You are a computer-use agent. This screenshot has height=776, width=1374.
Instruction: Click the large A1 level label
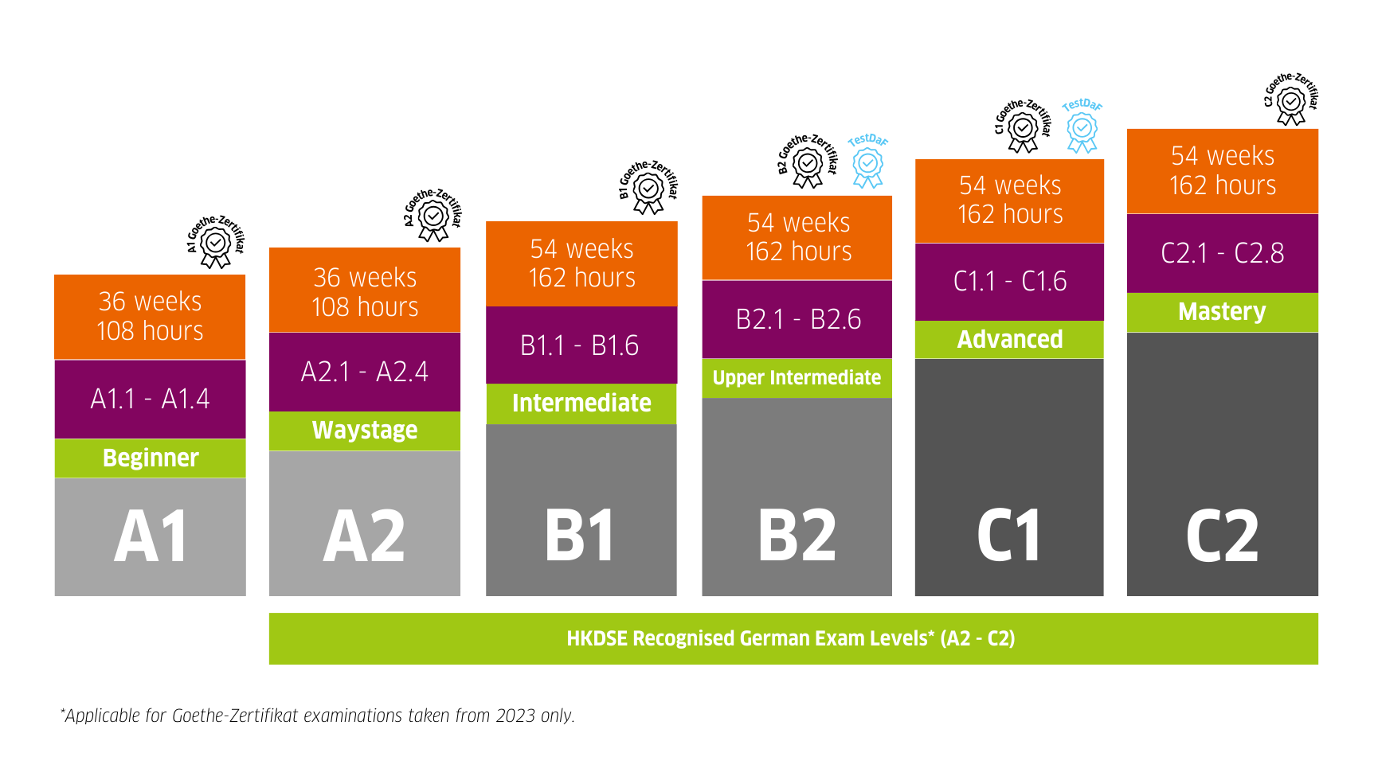[151, 536]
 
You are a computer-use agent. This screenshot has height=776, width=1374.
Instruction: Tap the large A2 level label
[364, 536]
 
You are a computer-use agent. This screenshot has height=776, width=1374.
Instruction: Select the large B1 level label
[581, 536]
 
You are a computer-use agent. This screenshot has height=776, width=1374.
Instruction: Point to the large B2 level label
[797, 536]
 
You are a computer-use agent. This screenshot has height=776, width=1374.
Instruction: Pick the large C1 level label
[1009, 536]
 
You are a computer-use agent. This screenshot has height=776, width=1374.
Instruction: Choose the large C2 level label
[1223, 536]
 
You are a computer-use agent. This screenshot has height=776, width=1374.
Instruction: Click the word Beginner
[151, 458]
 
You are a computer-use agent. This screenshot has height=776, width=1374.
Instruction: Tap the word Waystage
[365, 431]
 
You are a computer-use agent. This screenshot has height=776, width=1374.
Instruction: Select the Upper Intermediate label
[797, 377]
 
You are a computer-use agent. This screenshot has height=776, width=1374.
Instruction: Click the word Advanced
[1010, 340]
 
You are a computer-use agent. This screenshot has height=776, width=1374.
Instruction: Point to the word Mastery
[1222, 311]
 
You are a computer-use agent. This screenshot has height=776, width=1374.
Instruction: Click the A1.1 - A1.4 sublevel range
[151, 399]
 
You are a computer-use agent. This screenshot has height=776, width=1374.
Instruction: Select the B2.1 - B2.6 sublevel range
[798, 319]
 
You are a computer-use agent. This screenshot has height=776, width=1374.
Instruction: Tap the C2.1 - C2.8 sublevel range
[1223, 253]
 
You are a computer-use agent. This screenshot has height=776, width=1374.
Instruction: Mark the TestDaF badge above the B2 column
[867, 162]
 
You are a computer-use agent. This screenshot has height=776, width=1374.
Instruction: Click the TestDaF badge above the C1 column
[1082, 127]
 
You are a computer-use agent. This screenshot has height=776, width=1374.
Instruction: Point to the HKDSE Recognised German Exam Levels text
[791, 638]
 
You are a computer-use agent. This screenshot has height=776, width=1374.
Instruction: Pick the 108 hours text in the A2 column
[365, 307]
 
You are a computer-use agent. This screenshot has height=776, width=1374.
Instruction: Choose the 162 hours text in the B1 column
[582, 278]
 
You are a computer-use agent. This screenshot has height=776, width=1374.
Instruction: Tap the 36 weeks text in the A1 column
[151, 302]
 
